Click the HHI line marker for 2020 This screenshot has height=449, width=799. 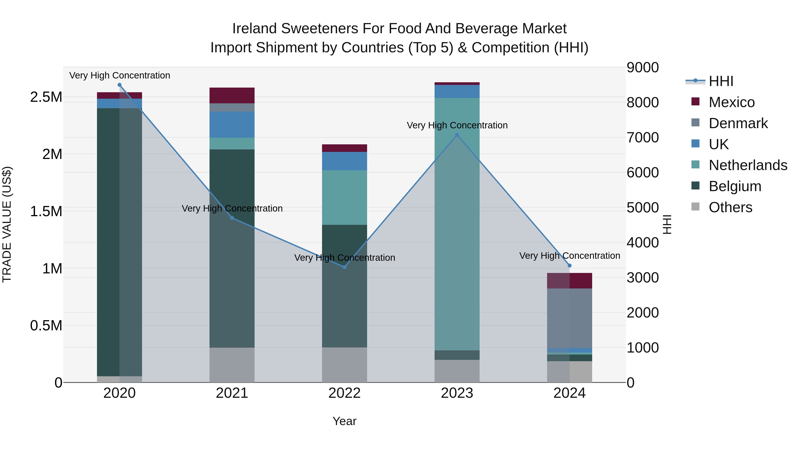pyautogui.click(x=119, y=85)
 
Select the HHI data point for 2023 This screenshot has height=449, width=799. pyautogui.click(x=457, y=135)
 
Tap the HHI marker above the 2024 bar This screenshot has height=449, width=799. pyautogui.click(x=570, y=266)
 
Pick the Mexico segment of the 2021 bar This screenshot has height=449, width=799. pyautogui.click(x=232, y=95)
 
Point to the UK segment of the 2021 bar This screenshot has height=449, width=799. pyautogui.click(x=232, y=125)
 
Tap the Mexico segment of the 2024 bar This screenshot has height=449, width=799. pyautogui.click(x=570, y=281)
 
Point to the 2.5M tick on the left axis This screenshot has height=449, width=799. pyautogui.click(x=46, y=97)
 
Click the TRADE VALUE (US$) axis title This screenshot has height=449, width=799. pyautogui.click(x=7, y=224)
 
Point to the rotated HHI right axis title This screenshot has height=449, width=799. pyautogui.click(x=667, y=224)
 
